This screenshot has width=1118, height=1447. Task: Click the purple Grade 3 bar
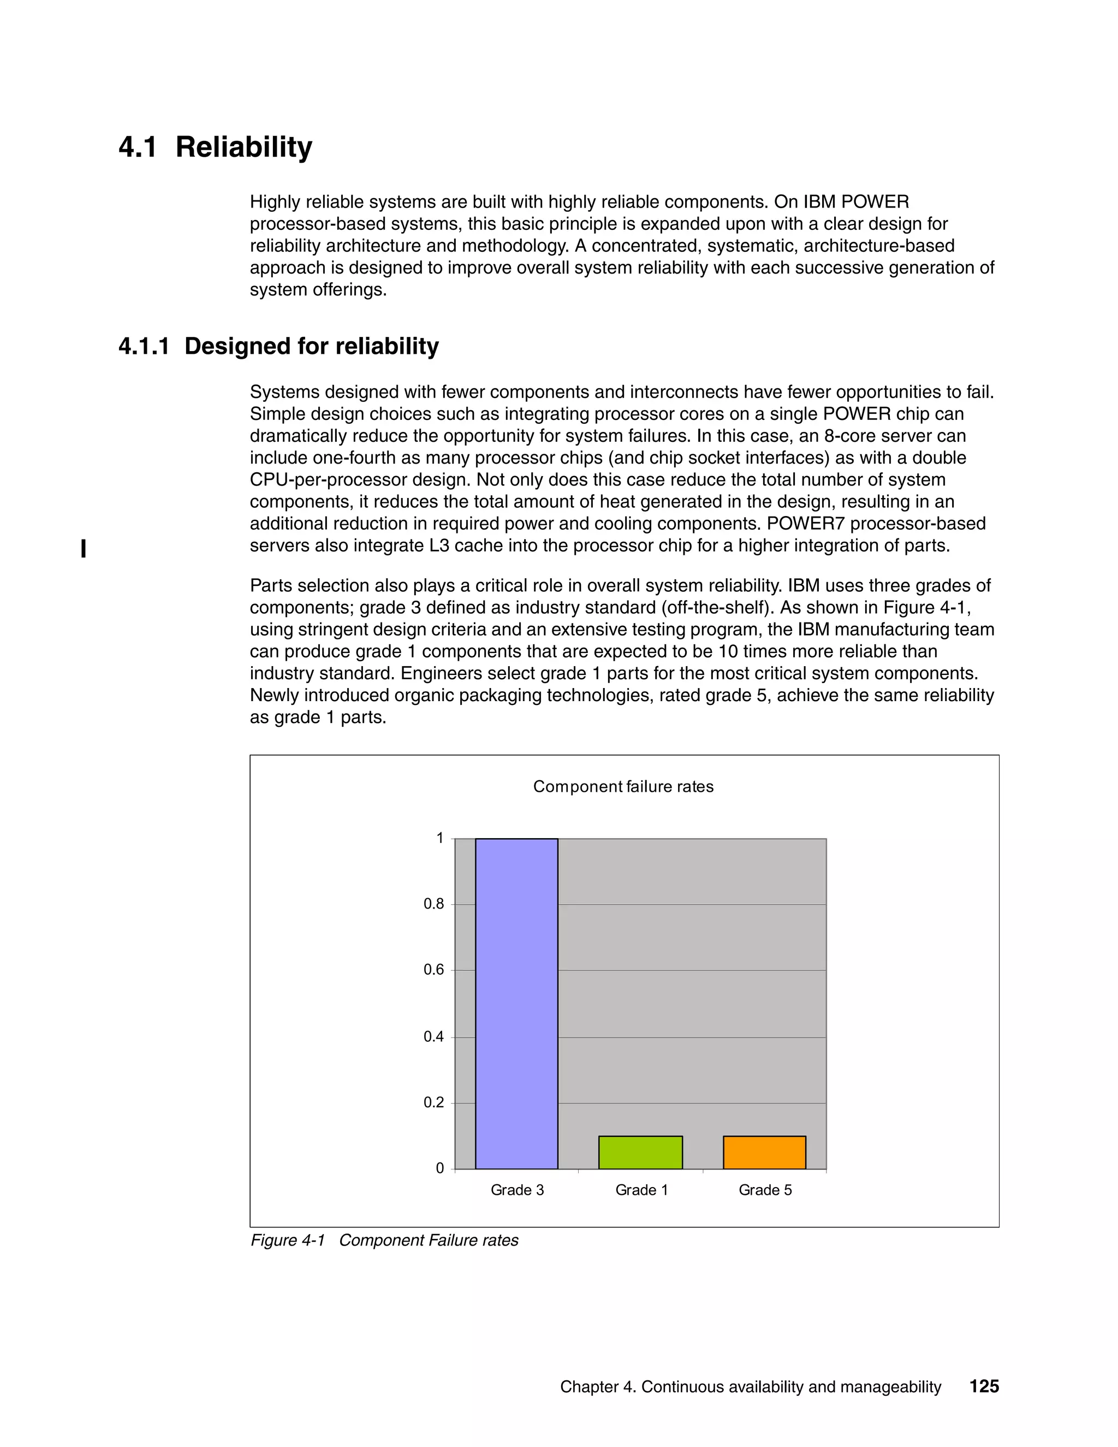pos(516,1004)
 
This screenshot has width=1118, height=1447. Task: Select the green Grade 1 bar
pos(640,1152)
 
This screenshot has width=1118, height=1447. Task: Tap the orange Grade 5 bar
pos(764,1152)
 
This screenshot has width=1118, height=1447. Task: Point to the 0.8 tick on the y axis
pos(434,904)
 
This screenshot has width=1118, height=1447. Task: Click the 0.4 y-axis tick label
pos(434,1037)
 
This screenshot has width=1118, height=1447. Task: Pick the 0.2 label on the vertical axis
pos(434,1102)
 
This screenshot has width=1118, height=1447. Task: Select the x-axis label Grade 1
pos(641,1190)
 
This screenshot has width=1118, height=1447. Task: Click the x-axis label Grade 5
pos(765,1190)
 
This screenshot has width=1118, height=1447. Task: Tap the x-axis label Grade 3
pos(518,1190)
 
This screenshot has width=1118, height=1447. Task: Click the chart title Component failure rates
pos(623,786)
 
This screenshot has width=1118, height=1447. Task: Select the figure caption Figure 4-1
pos(288,1240)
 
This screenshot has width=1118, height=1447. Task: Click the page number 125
pos(984,1387)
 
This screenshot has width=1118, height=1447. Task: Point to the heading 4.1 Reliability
pos(215,147)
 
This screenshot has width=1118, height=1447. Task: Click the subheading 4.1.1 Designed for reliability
pos(278,347)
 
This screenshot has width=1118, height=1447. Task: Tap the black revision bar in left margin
pos(84,549)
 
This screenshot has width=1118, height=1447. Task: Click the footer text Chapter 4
pos(597,1387)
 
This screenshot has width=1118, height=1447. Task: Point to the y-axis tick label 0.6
pos(434,970)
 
